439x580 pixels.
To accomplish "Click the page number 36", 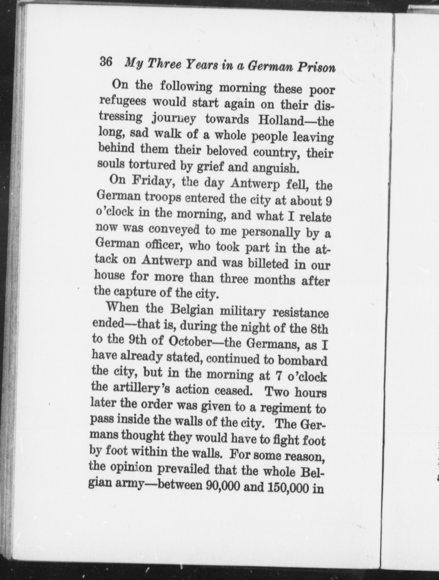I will (x=106, y=62).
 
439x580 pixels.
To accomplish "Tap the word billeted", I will (x=268, y=264).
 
